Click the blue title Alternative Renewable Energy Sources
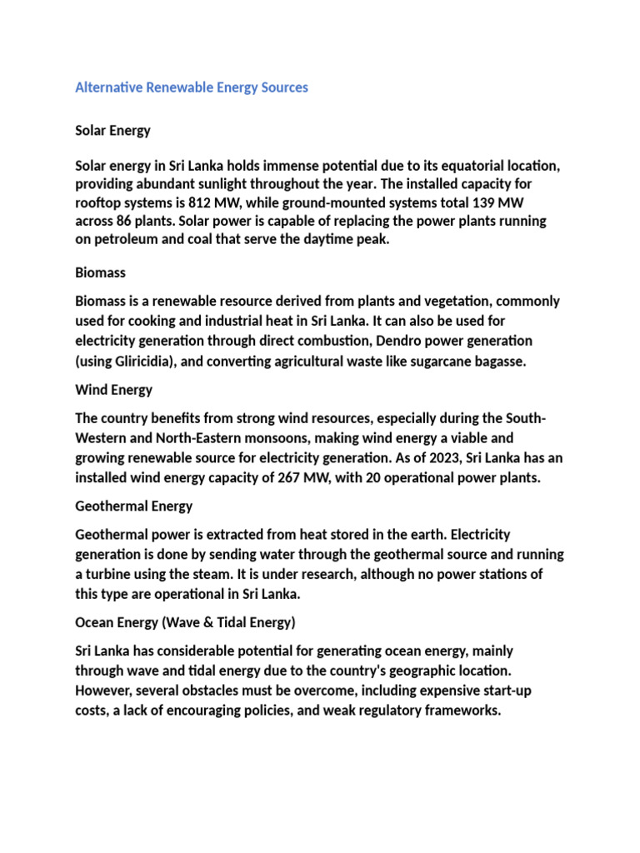tap(192, 87)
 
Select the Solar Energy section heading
tap(112, 131)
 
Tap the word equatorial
tap(462, 167)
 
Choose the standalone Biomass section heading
tap(100, 272)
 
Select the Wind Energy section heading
tap(113, 390)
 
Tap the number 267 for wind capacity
tap(292, 478)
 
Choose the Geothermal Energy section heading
tap(133, 506)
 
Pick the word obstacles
tap(210, 691)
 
